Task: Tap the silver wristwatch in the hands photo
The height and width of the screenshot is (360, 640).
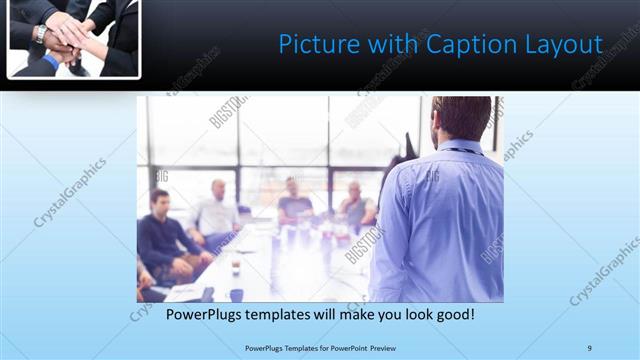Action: point(39,33)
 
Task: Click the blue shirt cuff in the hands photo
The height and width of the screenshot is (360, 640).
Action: point(50,61)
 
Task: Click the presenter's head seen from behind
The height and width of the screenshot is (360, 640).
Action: point(461,119)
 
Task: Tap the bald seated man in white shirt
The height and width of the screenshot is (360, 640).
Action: point(216,210)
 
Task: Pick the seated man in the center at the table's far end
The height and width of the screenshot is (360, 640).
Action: point(294,202)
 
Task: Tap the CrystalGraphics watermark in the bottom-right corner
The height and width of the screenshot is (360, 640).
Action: point(604,270)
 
